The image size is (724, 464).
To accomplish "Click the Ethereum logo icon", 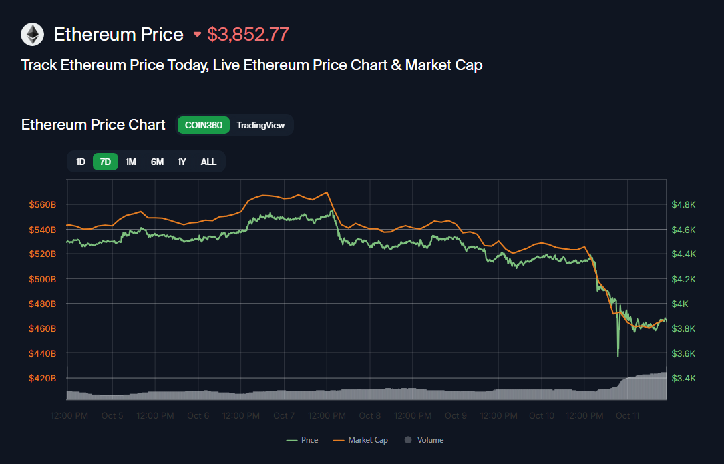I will pos(32,34).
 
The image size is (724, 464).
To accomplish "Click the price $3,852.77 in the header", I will pos(248,35).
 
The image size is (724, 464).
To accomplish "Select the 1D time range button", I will pos(81,162).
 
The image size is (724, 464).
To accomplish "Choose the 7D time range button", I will pos(106,162).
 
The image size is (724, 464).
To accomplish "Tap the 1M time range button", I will pos(131,162).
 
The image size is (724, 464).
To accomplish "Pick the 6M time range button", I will pos(157,162).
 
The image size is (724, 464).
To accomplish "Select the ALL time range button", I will pos(208,162).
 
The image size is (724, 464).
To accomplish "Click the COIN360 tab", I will pos(204,125).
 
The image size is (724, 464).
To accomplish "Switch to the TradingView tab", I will pos(260,125).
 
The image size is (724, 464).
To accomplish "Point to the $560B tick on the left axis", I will pos(43,205).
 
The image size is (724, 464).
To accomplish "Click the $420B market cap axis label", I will pos(43,378).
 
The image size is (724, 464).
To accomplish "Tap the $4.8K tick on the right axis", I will pos(683,205).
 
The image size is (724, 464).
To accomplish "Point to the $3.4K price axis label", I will pos(683,378).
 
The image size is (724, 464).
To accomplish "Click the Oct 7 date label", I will pos(284,415).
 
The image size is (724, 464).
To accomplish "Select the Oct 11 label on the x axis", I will pos(628,415).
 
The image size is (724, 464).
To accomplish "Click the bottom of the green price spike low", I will pos(618,356).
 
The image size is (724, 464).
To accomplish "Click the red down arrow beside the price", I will pos(197,35).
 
